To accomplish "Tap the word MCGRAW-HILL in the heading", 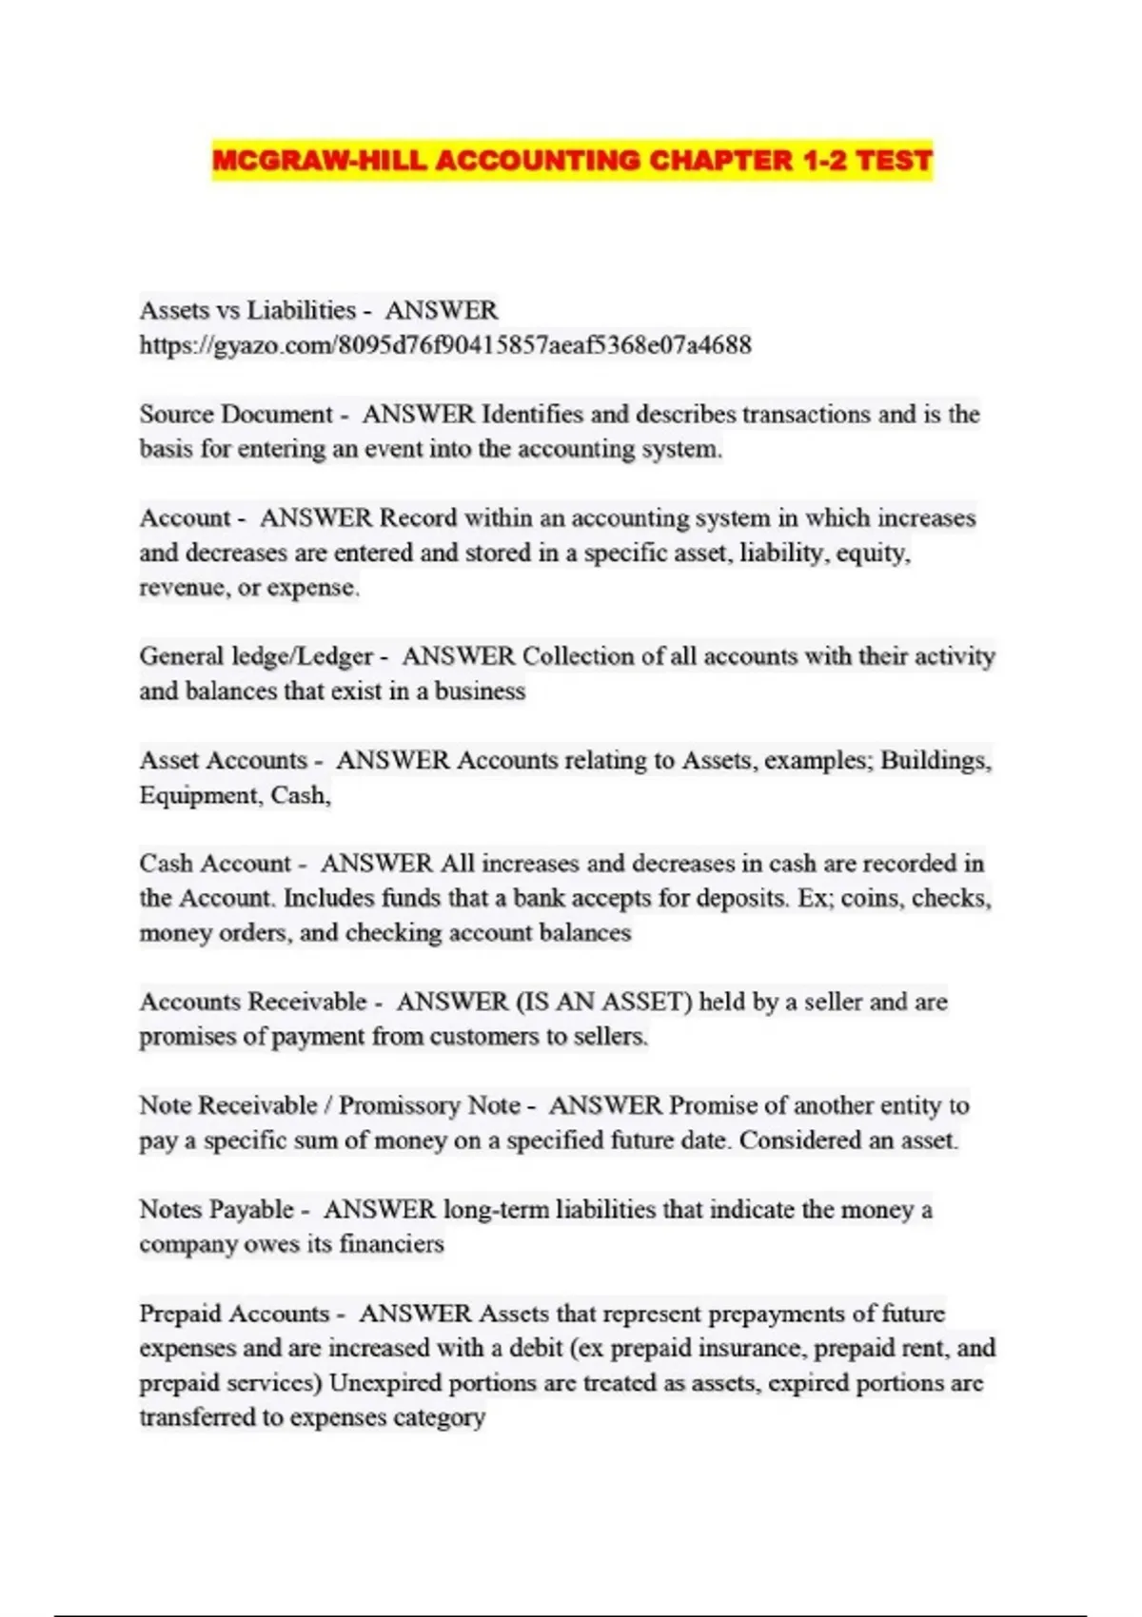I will pyautogui.click(x=319, y=160).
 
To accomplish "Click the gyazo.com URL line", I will pyautogui.click(x=445, y=344).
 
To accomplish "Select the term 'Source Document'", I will pyautogui.click(x=235, y=414).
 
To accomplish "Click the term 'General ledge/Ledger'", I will pyautogui.click(x=256, y=655).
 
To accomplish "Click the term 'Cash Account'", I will pyautogui.click(x=215, y=863).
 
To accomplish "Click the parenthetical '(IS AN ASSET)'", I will pyautogui.click(x=603, y=1002).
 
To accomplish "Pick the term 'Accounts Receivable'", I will pyautogui.click(x=253, y=1002).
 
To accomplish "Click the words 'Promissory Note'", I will pyautogui.click(x=429, y=1105).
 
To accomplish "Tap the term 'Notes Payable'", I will pyautogui.click(x=216, y=1209).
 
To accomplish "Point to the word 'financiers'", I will pyautogui.click(x=391, y=1243).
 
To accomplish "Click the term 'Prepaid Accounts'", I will pyautogui.click(x=234, y=1313).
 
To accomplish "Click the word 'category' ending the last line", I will pyautogui.click(x=439, y=1416).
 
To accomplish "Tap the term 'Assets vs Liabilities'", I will pyautogui.click(x=247, y=310).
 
